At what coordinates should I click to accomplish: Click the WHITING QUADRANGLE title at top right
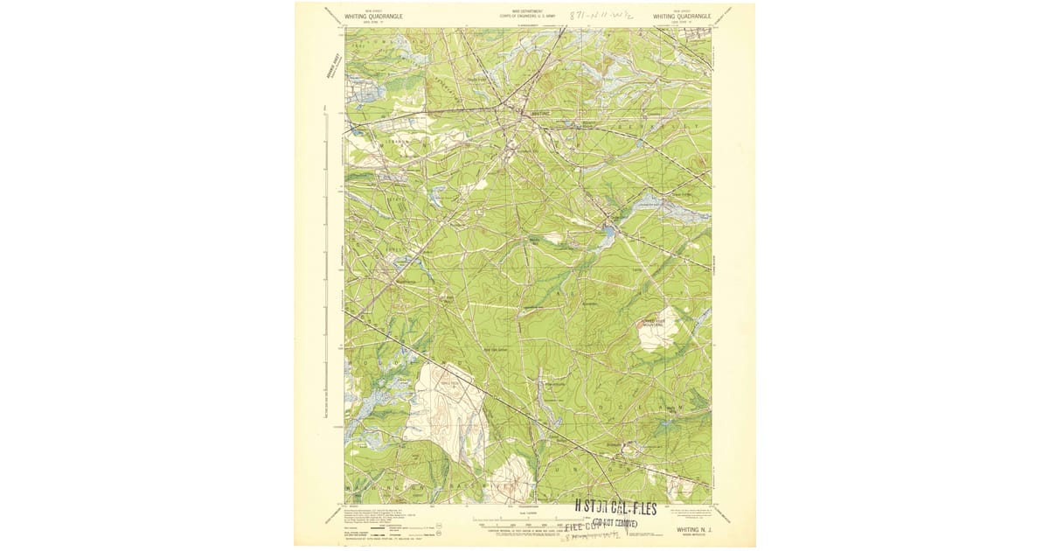point(681,16)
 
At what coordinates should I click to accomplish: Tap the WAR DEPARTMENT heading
point(523,11)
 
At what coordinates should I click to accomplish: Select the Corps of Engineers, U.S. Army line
point(523,16)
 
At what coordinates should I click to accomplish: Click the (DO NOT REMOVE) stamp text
point(621,523)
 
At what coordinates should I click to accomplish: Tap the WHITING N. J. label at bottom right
point(695,529)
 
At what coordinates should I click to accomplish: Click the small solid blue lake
point(606,233)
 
